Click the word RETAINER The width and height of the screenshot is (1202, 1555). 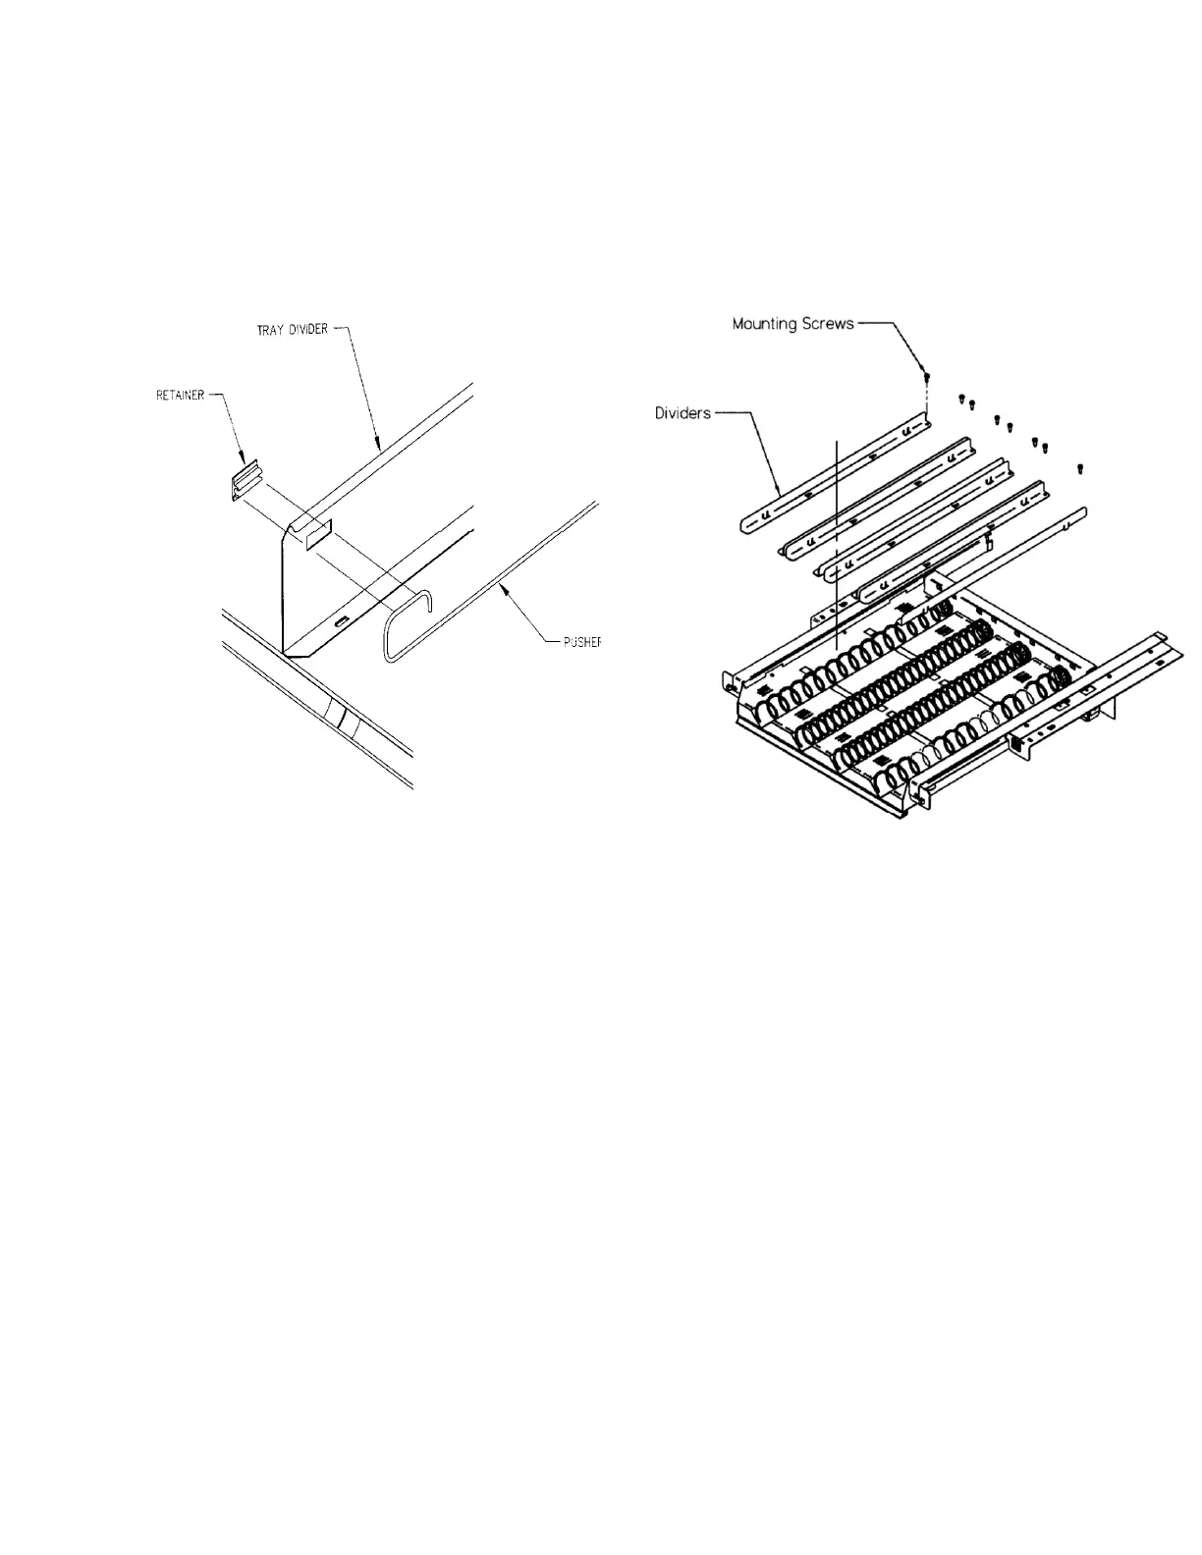pyautogui.click(x=180, y=396)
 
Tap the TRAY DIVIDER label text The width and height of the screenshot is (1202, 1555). pyautogui.click(x=285, y=329)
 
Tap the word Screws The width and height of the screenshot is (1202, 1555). pyautogui.click(x=830, y=323)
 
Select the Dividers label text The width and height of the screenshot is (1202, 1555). pyautogui.click(x=683, y=413)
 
